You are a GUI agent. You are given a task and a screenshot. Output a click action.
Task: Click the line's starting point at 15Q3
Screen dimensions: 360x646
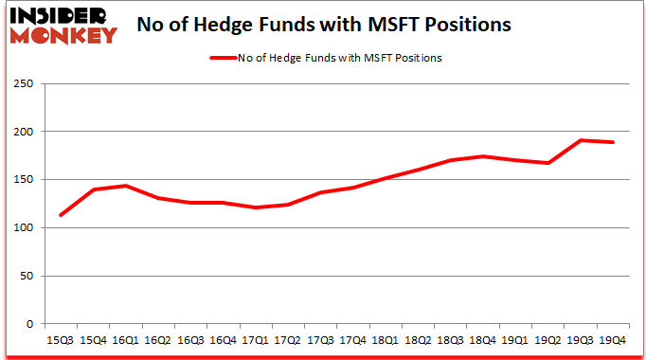[61, 215]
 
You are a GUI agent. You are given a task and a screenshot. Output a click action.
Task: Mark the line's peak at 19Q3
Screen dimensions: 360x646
[581, 140]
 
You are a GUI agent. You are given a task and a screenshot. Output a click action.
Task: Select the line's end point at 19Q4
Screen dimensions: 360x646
[613, 142]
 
